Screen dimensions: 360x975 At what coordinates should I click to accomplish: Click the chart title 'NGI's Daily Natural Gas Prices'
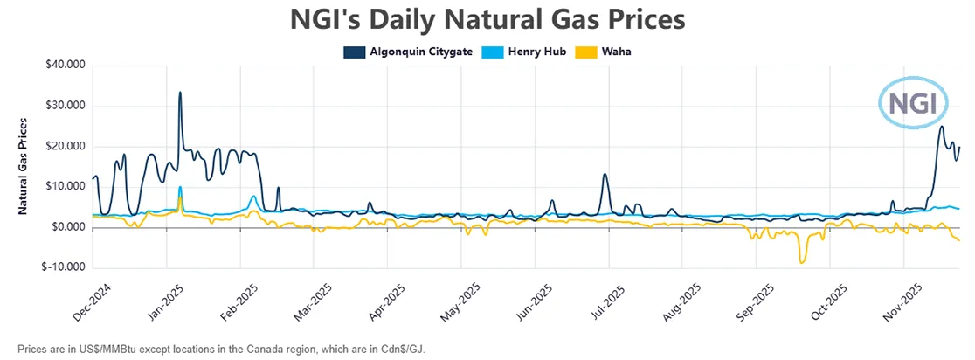click(x=487, y=19)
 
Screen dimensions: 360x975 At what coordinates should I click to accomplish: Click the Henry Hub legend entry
click(x=534, y=52)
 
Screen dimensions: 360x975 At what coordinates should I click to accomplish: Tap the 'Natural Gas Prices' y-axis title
click(x=23, y=166)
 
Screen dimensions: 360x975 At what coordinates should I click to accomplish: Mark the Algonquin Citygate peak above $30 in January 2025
click(x=180, y=93)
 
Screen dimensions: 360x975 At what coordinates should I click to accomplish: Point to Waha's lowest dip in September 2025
click(x=801, y=262)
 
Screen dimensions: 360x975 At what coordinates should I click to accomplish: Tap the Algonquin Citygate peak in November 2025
click(x=941, y=127)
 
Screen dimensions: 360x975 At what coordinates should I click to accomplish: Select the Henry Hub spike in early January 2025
click(x=180, y=187)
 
